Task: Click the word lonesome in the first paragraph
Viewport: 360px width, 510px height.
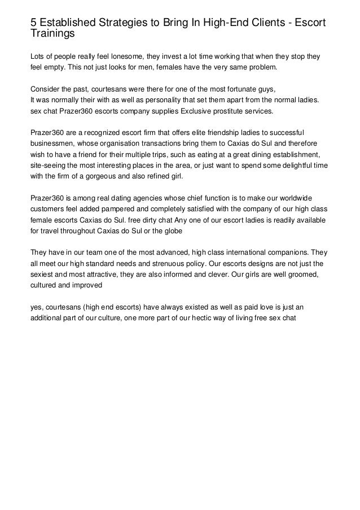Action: pyautogui.click(x=120, y=57)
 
